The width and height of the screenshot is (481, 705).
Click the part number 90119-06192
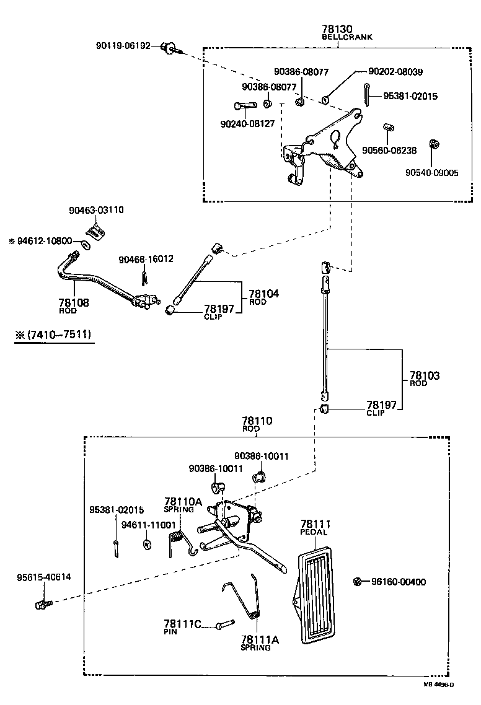coord(123,46)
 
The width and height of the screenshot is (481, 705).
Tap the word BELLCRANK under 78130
coord(346,37)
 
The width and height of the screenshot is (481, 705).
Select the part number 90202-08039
coord(395,72)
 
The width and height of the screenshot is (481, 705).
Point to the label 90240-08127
coord(247,124)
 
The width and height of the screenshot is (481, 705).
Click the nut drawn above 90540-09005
coord(435,144)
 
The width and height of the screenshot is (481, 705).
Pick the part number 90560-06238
coord(389,151)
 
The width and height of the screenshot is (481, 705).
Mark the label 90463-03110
coord(96,210)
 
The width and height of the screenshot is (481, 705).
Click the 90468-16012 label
coord(146,259)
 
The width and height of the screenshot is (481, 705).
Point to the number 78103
coord(424,375)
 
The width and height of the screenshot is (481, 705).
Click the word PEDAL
coord(314,532)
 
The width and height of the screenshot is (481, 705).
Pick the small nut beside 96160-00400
coord(358,581)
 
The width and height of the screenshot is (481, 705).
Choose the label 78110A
coord(183,501)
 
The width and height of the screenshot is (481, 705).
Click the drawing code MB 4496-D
coord(439,685)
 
